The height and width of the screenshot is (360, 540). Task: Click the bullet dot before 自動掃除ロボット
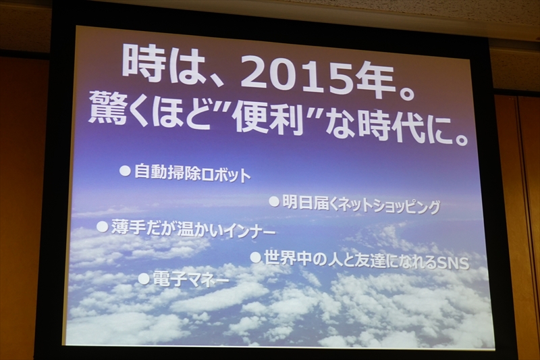(125, 171)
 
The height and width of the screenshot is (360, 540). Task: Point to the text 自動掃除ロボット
(192, 174)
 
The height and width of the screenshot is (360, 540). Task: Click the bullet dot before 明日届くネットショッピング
(274, 201)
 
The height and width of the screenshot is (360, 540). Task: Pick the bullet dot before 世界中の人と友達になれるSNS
(255, 257)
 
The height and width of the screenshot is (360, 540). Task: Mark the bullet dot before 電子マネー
(143, 278)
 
